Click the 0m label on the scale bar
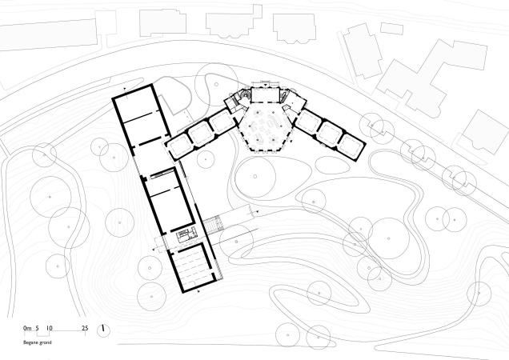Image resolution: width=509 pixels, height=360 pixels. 27,328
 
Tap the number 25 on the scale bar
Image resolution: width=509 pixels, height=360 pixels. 85,328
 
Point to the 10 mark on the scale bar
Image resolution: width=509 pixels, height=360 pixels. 49,328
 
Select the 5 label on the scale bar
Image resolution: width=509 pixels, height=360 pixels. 38,328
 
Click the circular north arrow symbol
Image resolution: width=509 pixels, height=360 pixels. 103,330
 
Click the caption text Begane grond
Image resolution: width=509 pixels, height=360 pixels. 38,342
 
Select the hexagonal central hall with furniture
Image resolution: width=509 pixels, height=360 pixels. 265,127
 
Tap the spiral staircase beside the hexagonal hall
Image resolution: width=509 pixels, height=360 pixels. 246,94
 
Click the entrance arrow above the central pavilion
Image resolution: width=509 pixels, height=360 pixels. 265,85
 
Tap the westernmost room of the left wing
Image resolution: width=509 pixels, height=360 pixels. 179,146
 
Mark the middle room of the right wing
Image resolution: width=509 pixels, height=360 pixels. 331,134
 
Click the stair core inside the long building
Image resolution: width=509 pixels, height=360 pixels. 183,235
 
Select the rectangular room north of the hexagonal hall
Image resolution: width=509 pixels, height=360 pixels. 265,94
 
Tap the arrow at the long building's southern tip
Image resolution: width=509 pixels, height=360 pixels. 198,291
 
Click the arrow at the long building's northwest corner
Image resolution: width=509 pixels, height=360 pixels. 125,88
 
